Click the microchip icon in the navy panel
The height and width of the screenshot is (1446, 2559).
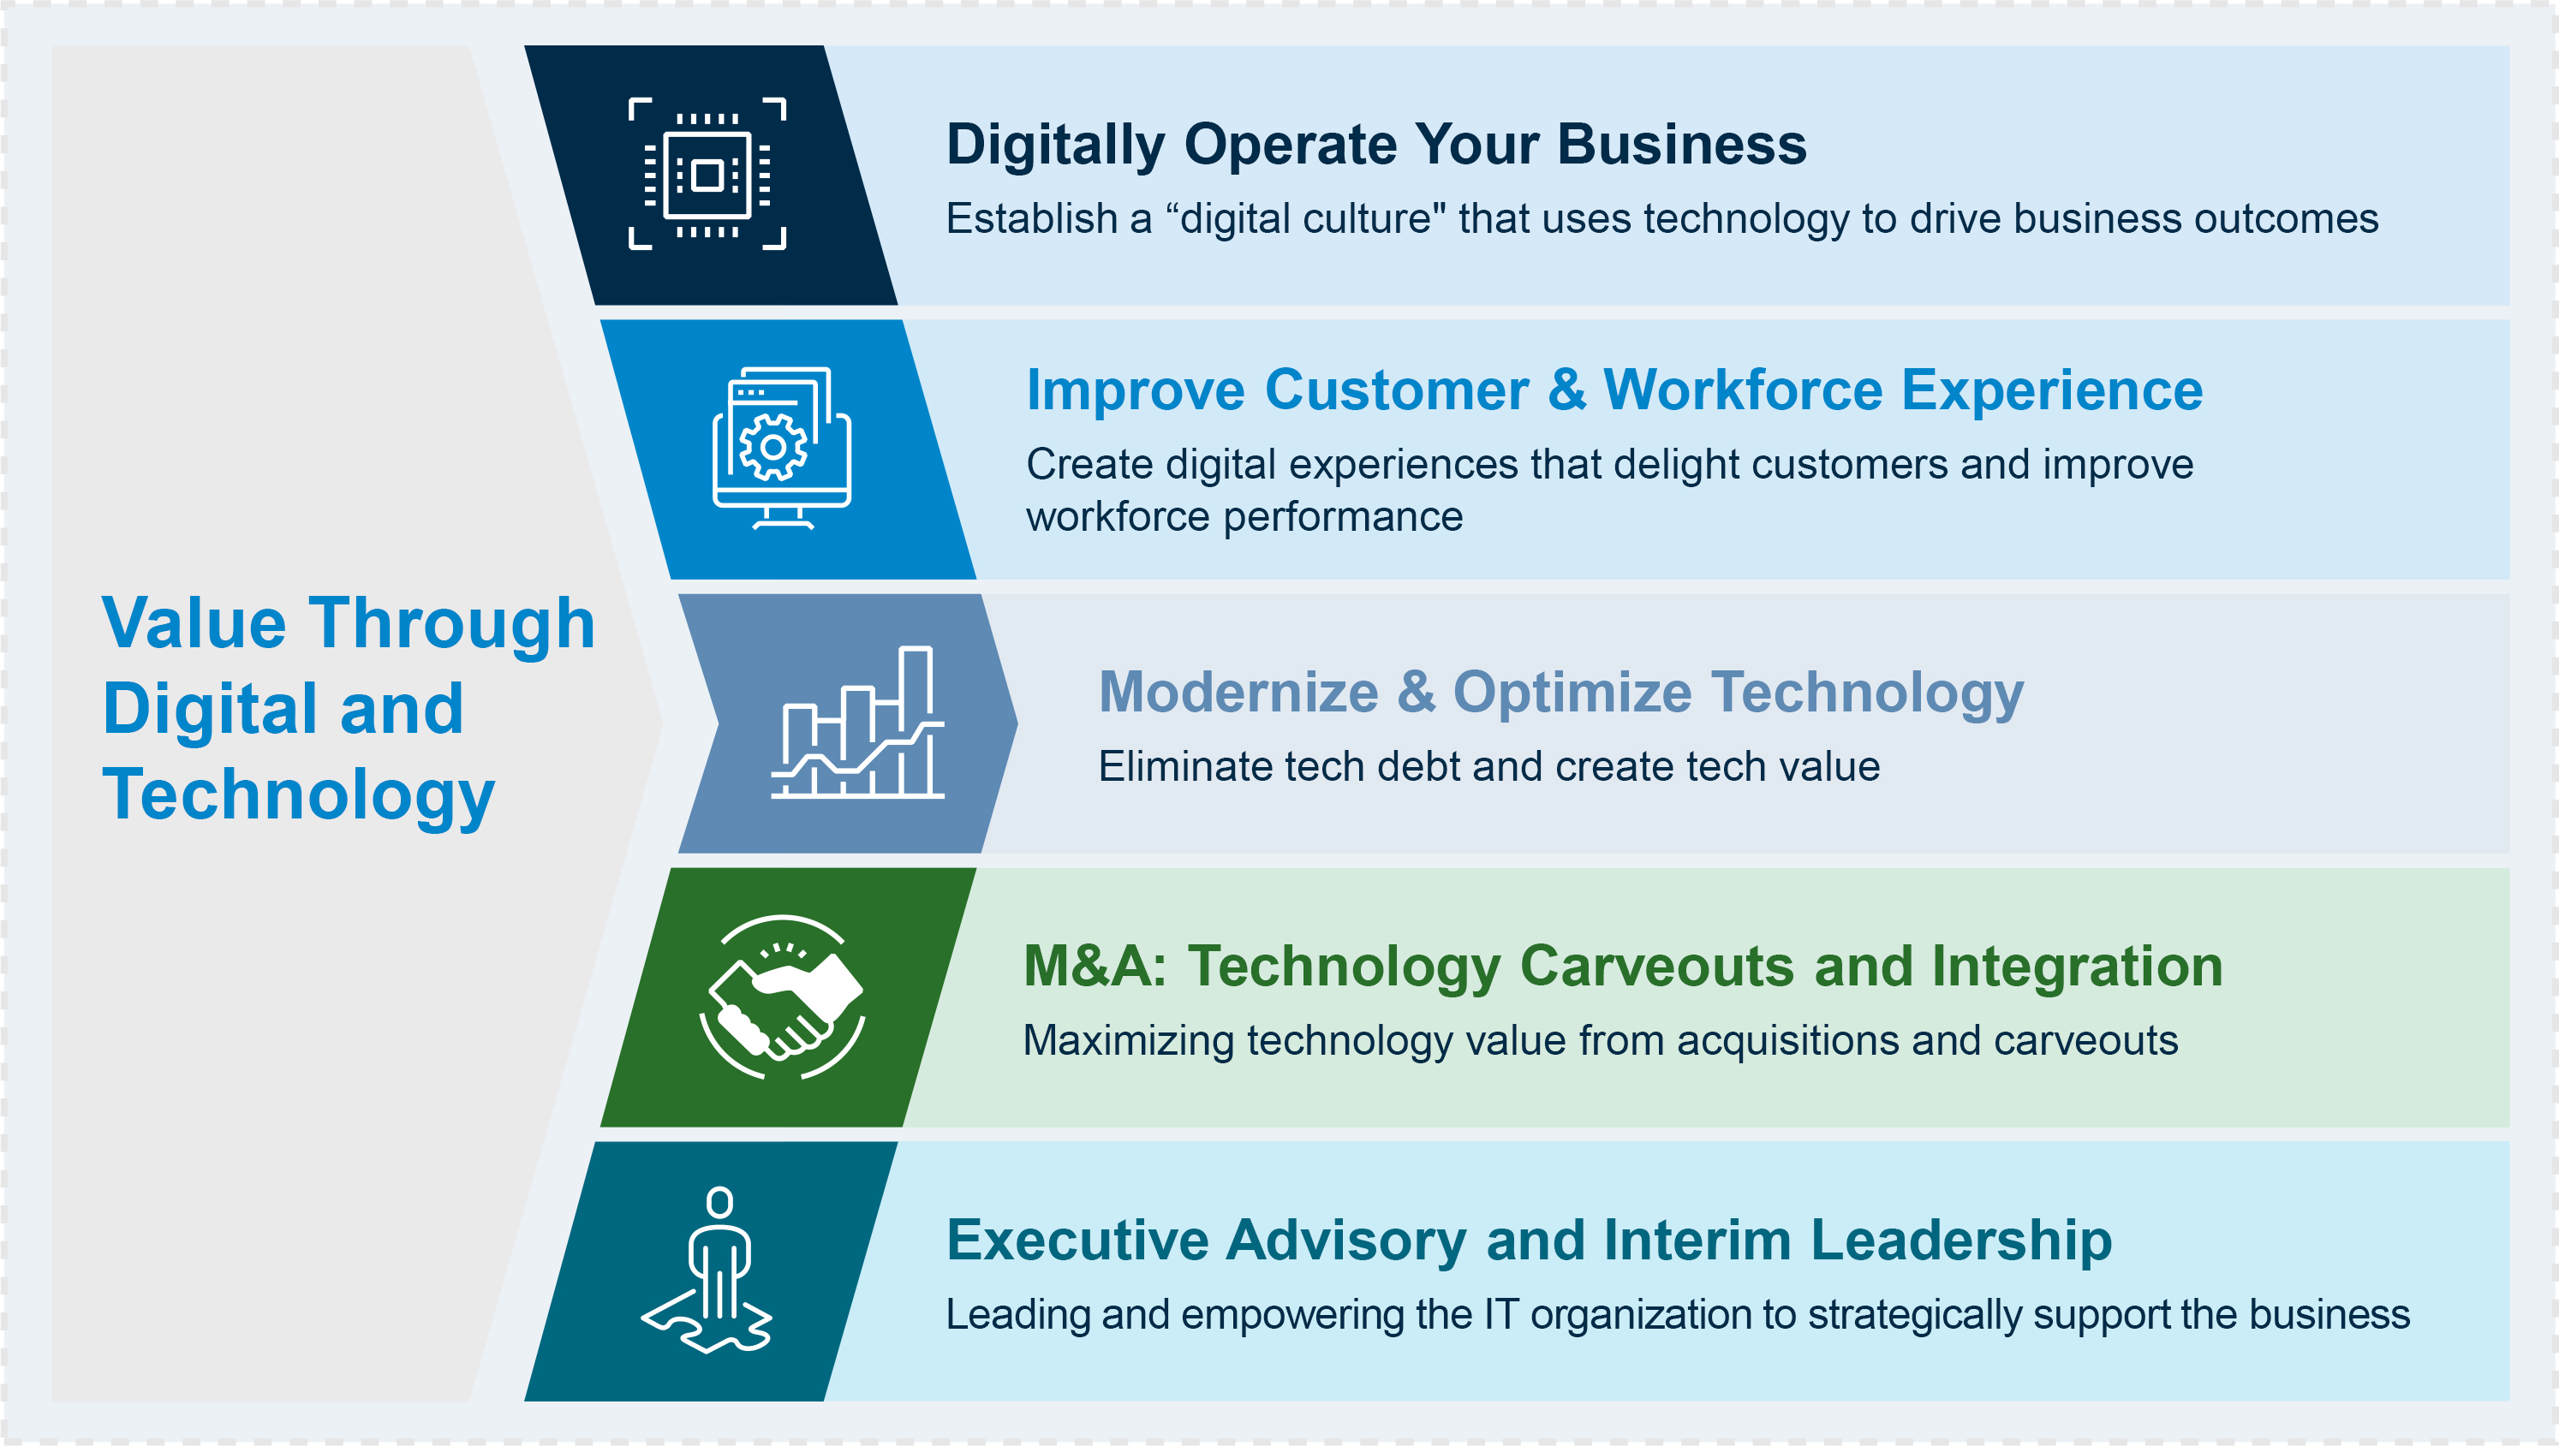[707, 174]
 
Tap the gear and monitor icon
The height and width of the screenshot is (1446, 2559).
[782, 449]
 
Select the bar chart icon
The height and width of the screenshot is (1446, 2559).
[858, 722]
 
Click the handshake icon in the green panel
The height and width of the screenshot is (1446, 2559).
[783, 997]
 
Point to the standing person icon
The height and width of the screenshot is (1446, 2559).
[707, 1270]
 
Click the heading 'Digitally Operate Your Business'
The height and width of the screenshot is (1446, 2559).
[1376, 144]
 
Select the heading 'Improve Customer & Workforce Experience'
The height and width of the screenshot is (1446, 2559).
[1614, 390]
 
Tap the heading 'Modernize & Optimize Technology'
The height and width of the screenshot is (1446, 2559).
[1560, 693]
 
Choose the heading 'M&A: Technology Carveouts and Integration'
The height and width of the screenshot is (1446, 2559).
[1623, 967]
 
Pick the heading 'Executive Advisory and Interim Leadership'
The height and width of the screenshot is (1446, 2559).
[1529, 1241]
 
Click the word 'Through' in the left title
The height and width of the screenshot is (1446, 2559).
[453, 623]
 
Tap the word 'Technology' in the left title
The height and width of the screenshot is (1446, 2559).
[299, 795]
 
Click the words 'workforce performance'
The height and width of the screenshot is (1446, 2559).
[1244, 517]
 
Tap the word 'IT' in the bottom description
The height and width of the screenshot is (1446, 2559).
[1502, 1315]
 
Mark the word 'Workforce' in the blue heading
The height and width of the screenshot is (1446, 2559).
[1743, 390]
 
